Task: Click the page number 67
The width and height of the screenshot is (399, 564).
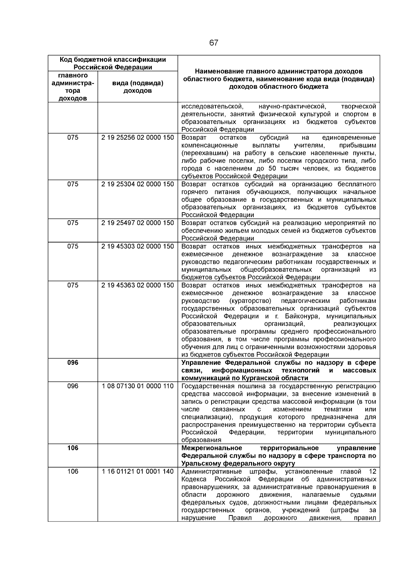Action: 214,43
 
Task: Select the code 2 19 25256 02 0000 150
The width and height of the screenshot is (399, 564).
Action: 138,138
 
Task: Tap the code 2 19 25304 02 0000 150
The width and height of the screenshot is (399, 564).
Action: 138,184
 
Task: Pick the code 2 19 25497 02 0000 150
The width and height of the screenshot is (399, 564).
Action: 138,223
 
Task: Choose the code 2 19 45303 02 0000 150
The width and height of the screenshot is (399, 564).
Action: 138,246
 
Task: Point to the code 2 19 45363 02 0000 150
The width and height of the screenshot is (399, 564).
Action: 138,285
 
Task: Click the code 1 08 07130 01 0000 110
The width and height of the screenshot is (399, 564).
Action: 138,386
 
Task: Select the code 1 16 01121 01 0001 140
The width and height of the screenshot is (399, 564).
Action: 138,471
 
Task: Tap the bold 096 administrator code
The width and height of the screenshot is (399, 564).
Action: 73,363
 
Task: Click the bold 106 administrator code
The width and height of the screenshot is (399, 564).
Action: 73,448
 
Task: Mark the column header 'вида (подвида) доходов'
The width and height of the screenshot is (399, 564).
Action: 138,87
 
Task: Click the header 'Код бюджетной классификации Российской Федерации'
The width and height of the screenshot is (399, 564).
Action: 113,63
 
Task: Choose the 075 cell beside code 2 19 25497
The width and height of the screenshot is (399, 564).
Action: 73,223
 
